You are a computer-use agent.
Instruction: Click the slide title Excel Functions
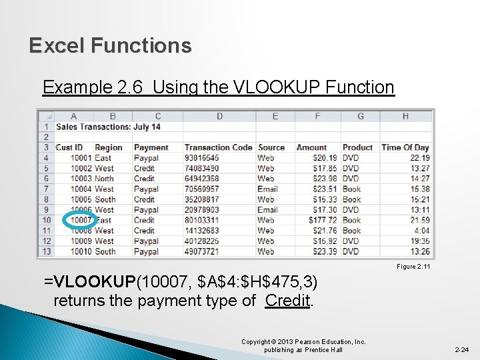click(x=111, y=46)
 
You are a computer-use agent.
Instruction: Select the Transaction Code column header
click(x=218, y=147)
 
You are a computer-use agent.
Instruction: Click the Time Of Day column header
click(x=405, y=147)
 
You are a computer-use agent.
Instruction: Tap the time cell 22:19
click(x=419, y=158)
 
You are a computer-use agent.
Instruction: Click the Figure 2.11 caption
click(x=414, y=267)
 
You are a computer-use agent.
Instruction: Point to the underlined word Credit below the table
click(x=288, y=300)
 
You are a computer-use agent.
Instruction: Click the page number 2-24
click(x=461, y=349)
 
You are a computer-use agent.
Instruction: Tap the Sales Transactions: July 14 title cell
click(x=108, y=127)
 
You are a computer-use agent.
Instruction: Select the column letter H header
click(x=405, y=116)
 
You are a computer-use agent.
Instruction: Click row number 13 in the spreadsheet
click(x=47, y=251)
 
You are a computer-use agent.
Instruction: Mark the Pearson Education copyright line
click(x=303, y=345)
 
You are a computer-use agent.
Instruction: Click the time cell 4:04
click(x=422, y=231)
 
